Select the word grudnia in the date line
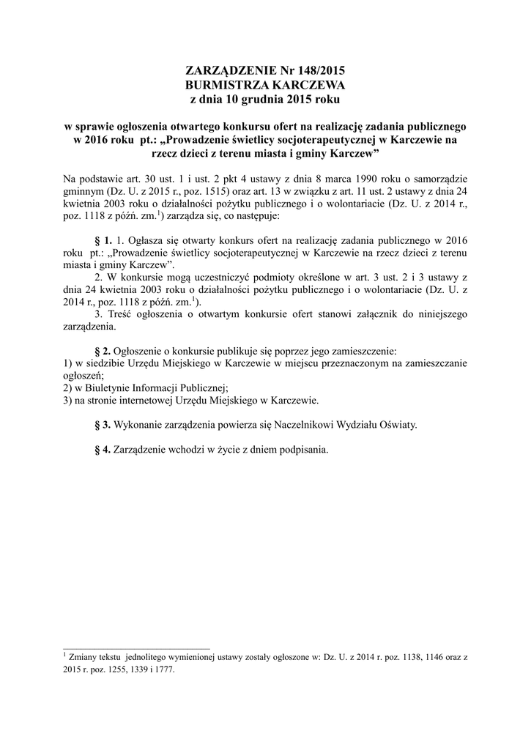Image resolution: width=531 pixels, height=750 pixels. click(270, 98)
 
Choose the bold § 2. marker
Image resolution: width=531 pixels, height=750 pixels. click(104, 349)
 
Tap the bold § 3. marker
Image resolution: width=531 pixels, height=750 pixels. click(104, 424)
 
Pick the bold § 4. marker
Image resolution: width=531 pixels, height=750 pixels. click(104, 450)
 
